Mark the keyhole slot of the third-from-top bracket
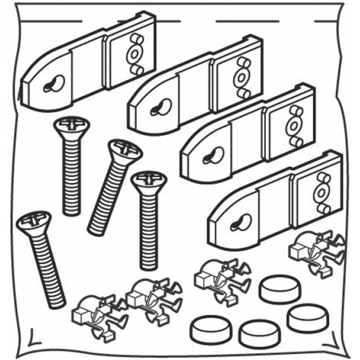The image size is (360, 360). click(x=213, y=156)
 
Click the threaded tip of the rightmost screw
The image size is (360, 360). click(x=147, y=265)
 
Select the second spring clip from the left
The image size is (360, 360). click(x=151, y=298)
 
